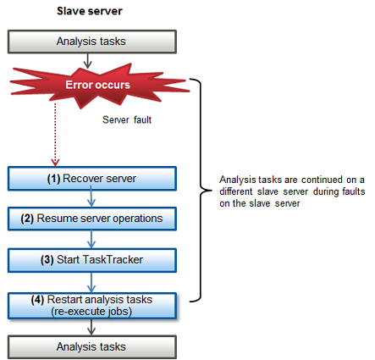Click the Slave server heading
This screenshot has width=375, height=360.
tap(90, 11)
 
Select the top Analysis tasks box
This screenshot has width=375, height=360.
tap(92, 42)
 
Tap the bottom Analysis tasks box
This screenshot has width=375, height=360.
tap(92, 347)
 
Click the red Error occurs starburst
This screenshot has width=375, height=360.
tap(99, 86)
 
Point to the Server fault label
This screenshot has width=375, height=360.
tap(127, 119)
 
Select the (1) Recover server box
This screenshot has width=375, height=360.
tap(92, 179)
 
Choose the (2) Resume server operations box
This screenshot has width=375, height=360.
tap(92, 219)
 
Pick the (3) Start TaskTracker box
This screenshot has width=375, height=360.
tap(92, 260)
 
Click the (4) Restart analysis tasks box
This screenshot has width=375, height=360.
tap(92, 306)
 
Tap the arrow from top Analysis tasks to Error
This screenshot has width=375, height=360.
tap(88, 61)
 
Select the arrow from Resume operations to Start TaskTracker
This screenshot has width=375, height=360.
tap(91, 240)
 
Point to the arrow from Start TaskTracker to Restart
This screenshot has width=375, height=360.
tap(91, 282)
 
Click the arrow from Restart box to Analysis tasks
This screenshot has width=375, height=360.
tap(91, 327)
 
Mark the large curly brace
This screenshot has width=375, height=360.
tap(201, 191)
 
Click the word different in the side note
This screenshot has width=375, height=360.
tap(235, 191)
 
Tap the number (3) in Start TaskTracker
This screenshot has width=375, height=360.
tap(47, 260)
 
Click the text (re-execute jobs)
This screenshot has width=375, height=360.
tap(91, 312)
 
